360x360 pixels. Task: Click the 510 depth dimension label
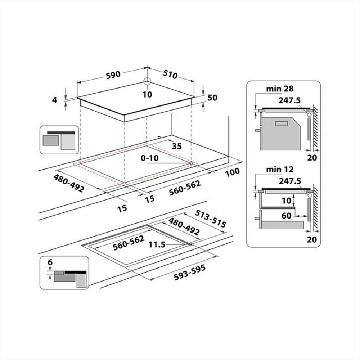click(x=170, y=75)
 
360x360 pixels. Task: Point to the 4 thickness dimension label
click(x=55, y=100)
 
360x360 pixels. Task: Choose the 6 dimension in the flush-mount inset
click(x=50, y=262)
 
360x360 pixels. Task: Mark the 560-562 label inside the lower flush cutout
click(x=129, y=243)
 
